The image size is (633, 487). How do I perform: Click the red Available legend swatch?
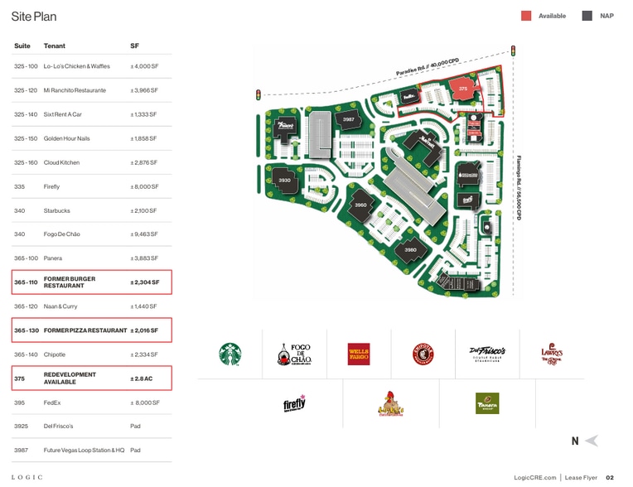click(526, 16)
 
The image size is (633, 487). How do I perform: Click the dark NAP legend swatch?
click(587, 16)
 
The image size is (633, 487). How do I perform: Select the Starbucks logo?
click(230, 354)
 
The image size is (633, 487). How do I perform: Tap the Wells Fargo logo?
click(359, 354)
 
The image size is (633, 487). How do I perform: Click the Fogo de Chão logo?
click(294, 354)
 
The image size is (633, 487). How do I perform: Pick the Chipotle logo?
click(423, 354)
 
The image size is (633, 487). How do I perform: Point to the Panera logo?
click(487, 403)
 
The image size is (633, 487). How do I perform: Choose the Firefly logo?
click(294, 403)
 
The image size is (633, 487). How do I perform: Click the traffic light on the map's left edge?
click(259, 95)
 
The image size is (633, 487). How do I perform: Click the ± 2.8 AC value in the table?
click(142, 378)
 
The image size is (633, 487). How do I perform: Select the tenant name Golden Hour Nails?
click(66, 138)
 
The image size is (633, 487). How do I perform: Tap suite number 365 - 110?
click(26, 282)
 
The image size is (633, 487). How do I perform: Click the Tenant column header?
click(54, 46)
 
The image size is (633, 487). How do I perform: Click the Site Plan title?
click(34, 16)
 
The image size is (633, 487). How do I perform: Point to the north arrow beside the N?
click(591, 441)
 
